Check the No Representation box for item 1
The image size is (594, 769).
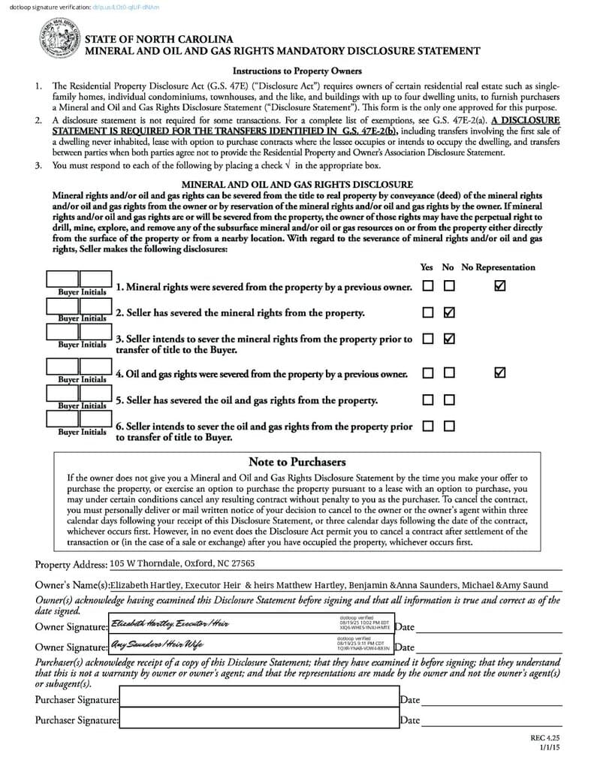point(500,286)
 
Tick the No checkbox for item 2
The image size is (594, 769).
point(449,312)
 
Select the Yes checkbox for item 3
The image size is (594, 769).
point(427,339)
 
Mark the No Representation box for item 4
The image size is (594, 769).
point(500,372)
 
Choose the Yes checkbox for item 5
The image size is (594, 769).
point(427,400)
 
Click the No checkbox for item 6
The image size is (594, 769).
point(449,426)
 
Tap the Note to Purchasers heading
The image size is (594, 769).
point(297,462)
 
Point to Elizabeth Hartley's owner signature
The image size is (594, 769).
point(170,624)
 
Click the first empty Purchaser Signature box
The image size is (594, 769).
point(258,698)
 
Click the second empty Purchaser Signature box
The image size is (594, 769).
point(258,719)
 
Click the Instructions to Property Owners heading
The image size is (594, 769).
point(297,71)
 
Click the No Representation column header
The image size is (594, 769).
point(498,267)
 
